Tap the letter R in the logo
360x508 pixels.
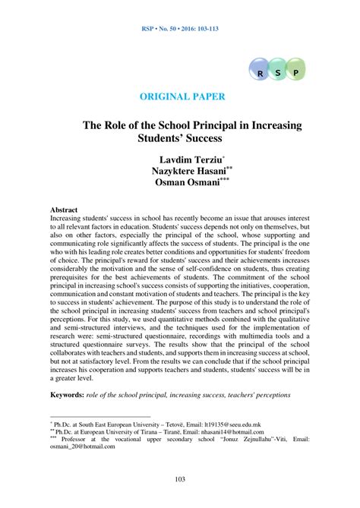tap(261, 73)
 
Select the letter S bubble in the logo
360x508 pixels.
tap(277, 73)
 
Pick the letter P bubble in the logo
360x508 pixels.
tap(295, 73)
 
